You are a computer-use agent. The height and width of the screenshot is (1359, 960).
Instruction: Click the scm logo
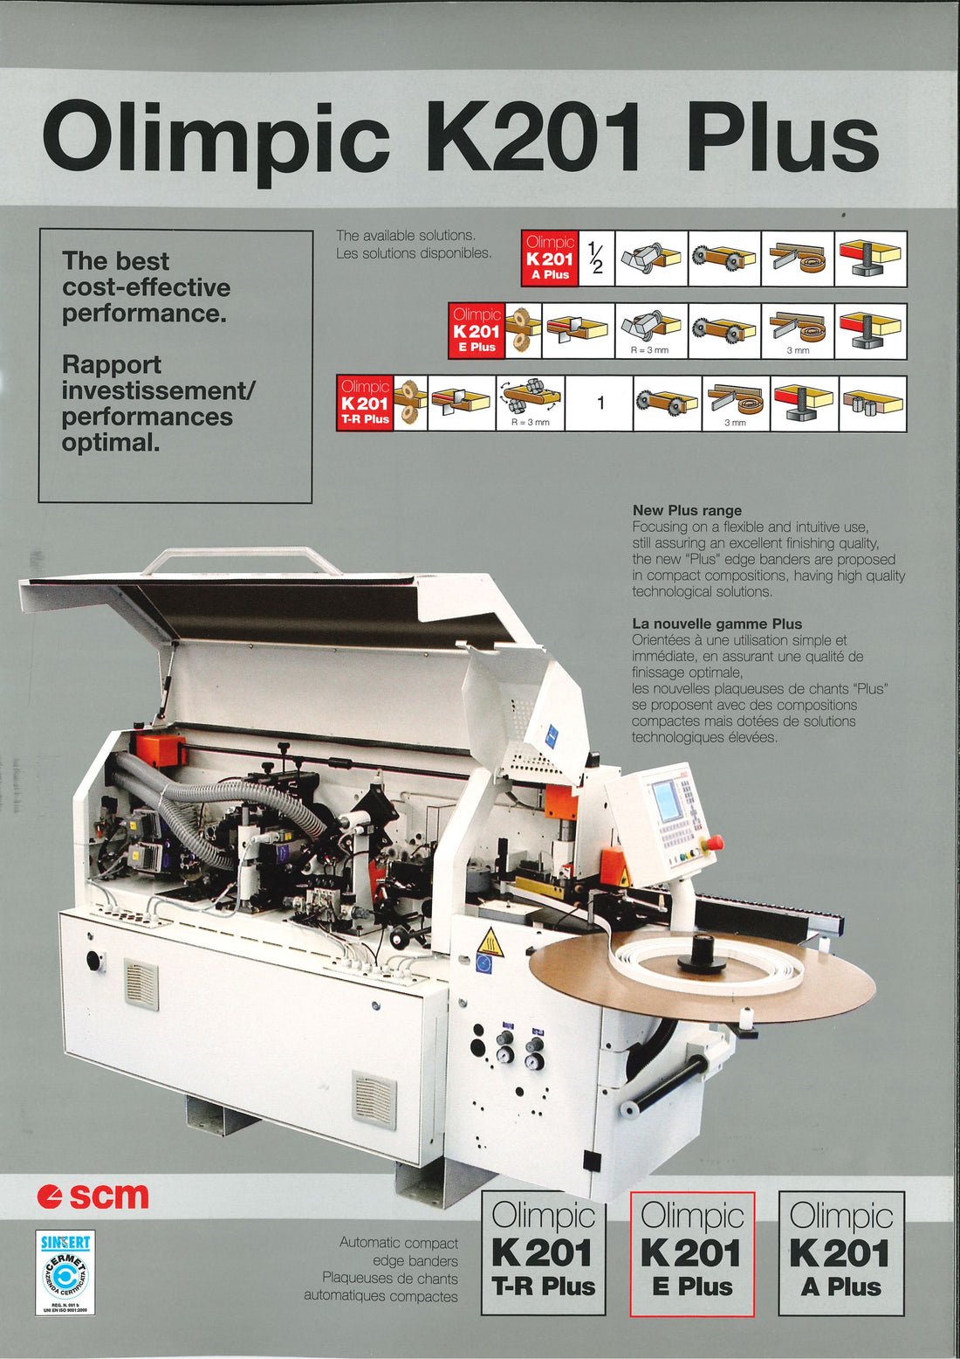[93, 1196]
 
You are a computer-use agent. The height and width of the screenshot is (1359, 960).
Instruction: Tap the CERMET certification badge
[65, 1273]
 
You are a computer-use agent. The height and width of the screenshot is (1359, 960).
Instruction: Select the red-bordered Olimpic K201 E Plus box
[692, 1253]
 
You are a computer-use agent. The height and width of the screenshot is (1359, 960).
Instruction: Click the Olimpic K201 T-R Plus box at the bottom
[543, 1253]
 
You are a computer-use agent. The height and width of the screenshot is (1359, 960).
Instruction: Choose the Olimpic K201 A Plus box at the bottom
[840, 1253]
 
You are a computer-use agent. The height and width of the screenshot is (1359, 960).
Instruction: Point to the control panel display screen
[668, 801]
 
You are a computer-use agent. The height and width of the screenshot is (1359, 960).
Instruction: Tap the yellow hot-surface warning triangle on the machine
[490, 942]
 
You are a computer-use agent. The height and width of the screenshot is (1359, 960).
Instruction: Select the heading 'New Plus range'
[687, 510]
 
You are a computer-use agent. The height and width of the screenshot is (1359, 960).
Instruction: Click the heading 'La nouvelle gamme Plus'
[717, 624]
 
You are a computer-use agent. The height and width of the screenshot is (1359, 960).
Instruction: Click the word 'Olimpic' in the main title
[216, 139]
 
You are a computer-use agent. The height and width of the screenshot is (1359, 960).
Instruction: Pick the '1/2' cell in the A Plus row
[596, 259]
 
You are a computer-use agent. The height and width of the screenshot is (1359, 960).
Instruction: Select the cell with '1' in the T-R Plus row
[600, 404]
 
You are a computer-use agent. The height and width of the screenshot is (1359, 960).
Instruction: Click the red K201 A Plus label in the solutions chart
[550, 259]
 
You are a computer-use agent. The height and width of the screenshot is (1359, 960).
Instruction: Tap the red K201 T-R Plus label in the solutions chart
[365, 404]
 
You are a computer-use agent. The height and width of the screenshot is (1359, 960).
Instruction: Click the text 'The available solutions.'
[406, 235]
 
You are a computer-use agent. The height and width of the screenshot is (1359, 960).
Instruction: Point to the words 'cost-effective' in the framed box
[147, 287]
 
